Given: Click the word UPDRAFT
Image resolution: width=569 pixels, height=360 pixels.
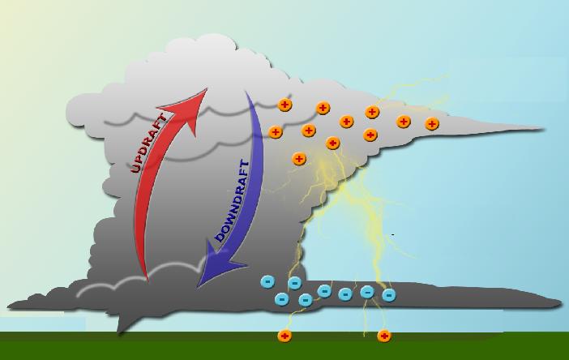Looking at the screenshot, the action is (x=149, y=144).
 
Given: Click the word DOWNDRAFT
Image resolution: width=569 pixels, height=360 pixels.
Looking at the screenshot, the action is (x=233, y=201).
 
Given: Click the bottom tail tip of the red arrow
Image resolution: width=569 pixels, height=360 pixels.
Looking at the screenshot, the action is (x=148, y=281).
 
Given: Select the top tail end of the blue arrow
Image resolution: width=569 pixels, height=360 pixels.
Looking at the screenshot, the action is (x=246, y=92).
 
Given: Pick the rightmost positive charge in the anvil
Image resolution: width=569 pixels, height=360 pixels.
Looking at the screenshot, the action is (x=431, y=124).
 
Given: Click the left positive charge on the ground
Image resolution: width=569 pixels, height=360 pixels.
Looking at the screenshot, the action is (x=284, y=336).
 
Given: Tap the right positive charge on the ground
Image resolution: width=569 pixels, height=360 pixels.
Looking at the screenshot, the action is (x=384, y=336).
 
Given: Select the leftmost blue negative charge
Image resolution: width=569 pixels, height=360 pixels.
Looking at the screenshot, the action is (x=267, y=281).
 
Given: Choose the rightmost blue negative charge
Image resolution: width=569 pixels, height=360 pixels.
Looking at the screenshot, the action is (x=388, y=295).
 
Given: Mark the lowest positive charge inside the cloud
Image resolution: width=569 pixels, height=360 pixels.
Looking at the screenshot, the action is (x=298, y=159).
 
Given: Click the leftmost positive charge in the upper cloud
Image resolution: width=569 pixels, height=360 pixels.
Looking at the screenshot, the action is (x=275, y=132).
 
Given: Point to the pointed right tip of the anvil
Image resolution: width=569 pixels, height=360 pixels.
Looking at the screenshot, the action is (x=543, y=129).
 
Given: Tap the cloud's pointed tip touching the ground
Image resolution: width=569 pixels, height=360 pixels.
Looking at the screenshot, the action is (x=118, y=332).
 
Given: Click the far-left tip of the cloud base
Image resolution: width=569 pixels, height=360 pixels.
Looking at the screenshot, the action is (x=8, y=306).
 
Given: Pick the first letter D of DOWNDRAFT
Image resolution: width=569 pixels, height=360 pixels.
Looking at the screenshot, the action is (x=220, y=237).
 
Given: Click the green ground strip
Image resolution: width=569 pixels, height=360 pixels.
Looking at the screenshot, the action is (x=284, y=346).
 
